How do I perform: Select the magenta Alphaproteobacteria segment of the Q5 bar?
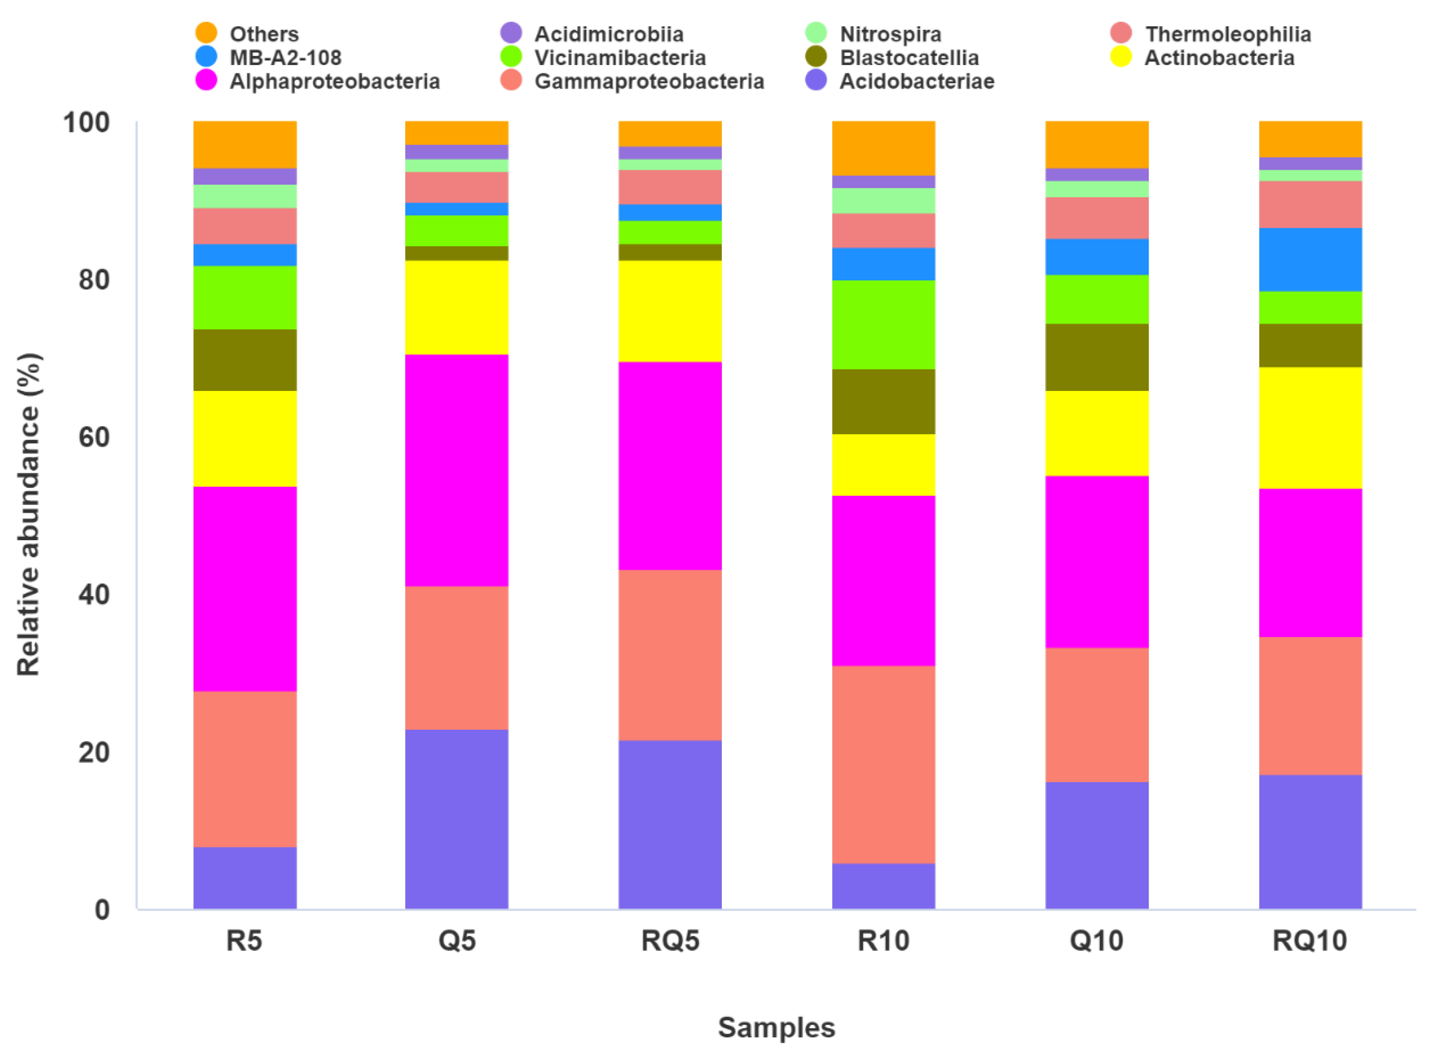(x=457, y=470)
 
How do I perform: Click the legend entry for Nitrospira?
(x=890, y=34)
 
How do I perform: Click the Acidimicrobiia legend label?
(x=608, y=34)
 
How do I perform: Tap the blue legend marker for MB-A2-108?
(x=206, y=57)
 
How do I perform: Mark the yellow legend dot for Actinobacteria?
(x=1121, y=57)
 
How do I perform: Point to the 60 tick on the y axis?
(x=94, y=438)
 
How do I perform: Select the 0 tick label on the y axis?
(x=102, y=909)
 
